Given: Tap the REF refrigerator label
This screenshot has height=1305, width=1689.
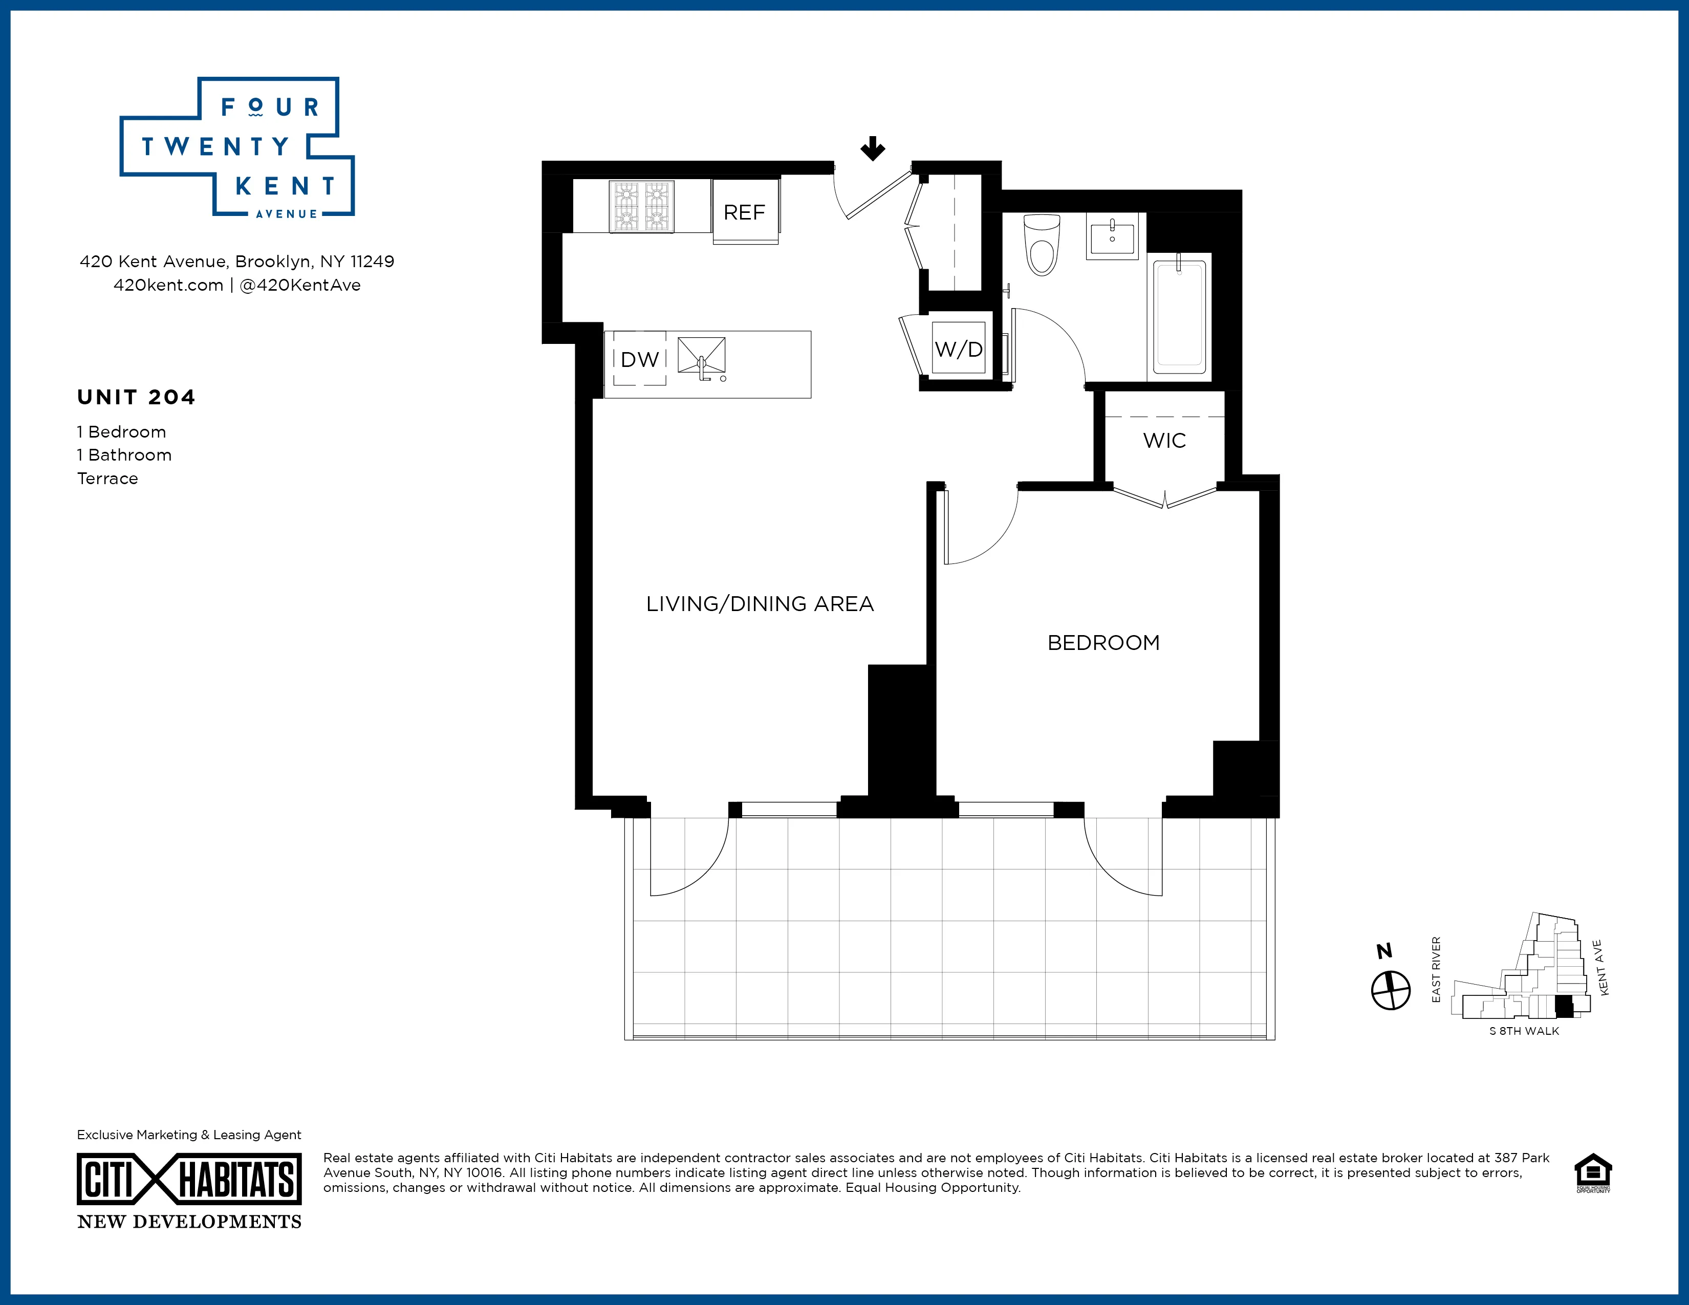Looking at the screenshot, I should (744, 212).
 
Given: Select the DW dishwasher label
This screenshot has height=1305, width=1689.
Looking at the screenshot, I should (640, 359).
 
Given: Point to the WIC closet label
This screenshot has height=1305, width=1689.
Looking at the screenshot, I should (1164, 441).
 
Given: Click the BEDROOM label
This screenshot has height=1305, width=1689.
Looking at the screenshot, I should (1103, 643).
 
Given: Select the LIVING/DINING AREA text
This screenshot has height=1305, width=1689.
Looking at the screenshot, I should (760, 604).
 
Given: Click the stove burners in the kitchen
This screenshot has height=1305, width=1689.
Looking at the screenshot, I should (641, 206).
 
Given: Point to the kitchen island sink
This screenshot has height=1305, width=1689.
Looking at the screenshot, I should (701, 357).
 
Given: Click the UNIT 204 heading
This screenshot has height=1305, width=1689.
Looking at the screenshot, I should (136, 397).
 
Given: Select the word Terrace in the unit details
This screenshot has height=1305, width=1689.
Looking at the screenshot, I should (107, 478).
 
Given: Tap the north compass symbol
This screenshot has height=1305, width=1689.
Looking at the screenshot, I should (1391, 990).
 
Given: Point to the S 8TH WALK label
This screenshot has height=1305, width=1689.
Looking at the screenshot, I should (1524, 1031).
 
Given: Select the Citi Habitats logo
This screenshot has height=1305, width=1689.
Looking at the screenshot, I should (189, 1179).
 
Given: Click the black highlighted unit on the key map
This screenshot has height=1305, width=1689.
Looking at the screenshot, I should (1564, 1006).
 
